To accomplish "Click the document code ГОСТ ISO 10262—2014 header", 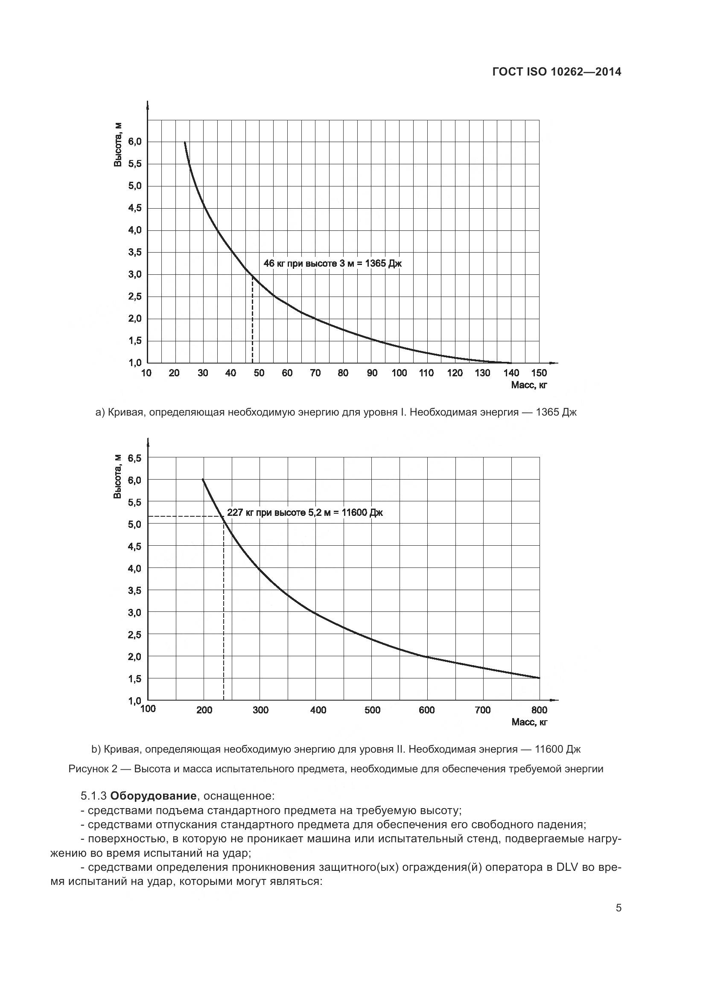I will (x=557, y=72).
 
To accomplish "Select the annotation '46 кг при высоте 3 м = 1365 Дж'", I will (x=333, y=263).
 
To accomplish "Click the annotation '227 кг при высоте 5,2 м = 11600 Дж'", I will (x=305, y=513).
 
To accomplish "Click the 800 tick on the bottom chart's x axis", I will (x=539, y=710).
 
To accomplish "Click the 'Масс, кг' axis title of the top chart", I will (x=529, y=385).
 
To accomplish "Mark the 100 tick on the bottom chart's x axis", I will (x=148, y=709).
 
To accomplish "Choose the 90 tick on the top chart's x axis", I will (x=372, y=373).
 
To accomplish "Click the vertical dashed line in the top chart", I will (x=253, y=322).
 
